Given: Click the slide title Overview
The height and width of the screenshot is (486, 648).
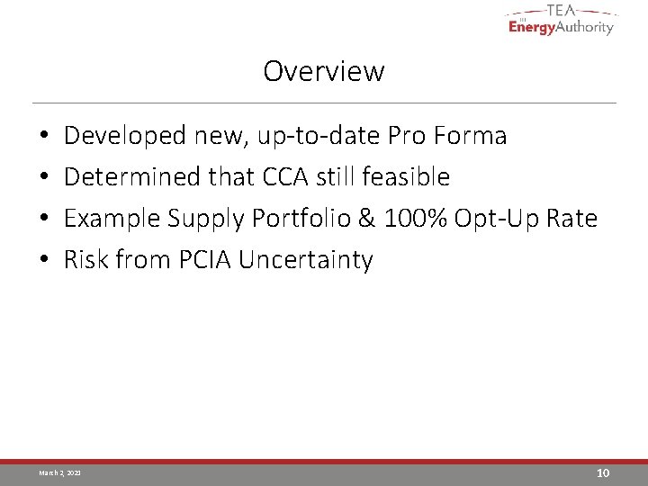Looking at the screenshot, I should point(324,71).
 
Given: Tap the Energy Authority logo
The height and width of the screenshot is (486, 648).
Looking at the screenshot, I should point(561,20).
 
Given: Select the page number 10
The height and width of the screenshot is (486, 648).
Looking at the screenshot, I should point(603,472).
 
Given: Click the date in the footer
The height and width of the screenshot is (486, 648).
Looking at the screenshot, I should point(59,472).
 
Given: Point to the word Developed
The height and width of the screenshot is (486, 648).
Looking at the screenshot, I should point(125,136).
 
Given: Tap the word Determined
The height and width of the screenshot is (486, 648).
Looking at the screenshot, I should point(133,177).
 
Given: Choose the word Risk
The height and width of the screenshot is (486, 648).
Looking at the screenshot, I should point(85,260).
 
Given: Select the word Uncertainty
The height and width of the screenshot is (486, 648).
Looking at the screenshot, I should point(306,261).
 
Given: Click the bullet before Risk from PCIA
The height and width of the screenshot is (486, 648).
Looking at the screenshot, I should point(44,261).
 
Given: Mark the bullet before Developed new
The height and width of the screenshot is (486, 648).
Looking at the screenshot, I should point(44,137).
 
